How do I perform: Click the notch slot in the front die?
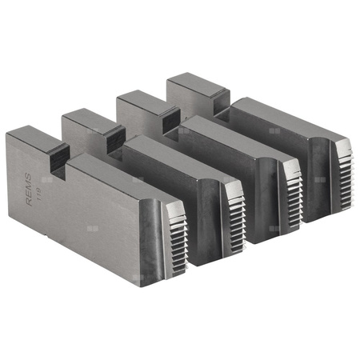coord(58,159)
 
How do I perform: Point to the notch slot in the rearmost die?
coord(216,102)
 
